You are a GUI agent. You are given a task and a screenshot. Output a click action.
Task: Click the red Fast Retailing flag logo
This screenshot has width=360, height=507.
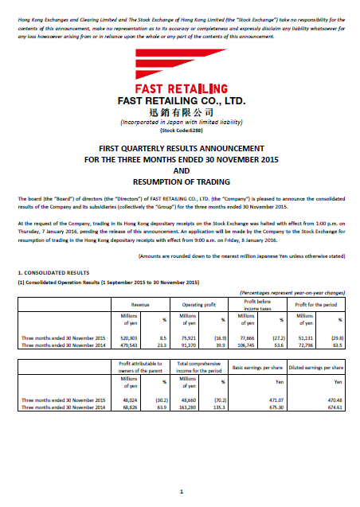pos(181,64)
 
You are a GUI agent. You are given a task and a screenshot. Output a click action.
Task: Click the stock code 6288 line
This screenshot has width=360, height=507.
pos(181,129)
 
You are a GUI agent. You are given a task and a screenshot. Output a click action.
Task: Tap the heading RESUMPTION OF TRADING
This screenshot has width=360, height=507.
pos(181,182)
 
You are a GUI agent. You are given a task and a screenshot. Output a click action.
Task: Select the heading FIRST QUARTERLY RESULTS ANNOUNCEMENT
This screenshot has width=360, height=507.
pos(181,149)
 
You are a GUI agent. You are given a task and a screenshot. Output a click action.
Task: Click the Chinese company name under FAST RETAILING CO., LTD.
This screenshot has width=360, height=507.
pos(181,112)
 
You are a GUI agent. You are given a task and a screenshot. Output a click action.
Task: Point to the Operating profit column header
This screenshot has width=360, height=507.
pos(200,305)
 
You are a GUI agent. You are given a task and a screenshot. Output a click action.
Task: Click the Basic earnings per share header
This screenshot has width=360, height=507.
pos(256,367)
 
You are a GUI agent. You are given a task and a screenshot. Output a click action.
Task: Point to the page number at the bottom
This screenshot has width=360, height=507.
pos(182,490)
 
